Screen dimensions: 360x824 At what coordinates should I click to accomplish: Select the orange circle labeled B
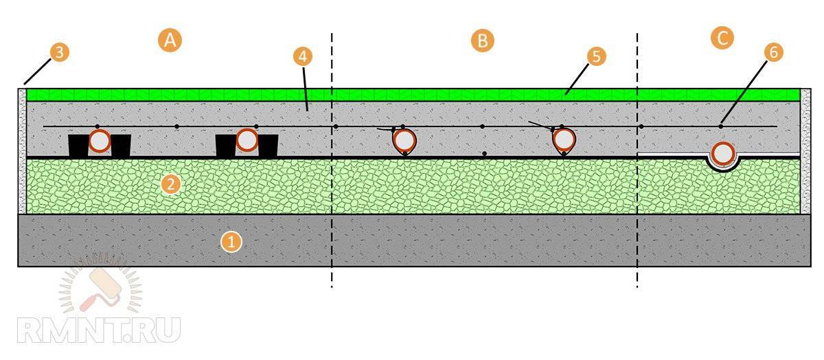[x=482, y=40]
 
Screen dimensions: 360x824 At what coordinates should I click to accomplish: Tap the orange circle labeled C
[x=722, y=38]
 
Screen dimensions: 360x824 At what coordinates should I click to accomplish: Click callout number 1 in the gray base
[x=231, y=241]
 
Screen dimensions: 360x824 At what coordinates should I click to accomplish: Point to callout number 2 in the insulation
[x=171, y=184]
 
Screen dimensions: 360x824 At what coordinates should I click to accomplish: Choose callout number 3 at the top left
[x=60, y=52]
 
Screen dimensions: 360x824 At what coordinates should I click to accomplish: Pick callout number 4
[x=301, y=57]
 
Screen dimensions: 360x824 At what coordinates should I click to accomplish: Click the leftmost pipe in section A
[x=100, y=141]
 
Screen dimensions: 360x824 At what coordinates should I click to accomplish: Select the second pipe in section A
[x=247, y=141]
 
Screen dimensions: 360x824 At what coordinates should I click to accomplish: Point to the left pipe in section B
[x=404, y=140]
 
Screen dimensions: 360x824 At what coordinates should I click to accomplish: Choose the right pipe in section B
[x=564, y=140]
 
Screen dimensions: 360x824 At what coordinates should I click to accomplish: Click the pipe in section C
[x=722, y=155]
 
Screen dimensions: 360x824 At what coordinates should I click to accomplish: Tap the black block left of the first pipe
[x=79, y=146]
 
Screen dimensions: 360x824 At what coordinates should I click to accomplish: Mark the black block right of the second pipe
[x=268, y=146]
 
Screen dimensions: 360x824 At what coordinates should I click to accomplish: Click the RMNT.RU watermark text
[x=98, y=330]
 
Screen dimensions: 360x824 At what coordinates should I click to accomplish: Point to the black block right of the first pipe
[x=121, y=146]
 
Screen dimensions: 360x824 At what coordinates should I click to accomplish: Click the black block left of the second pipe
[x=226, y=146]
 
